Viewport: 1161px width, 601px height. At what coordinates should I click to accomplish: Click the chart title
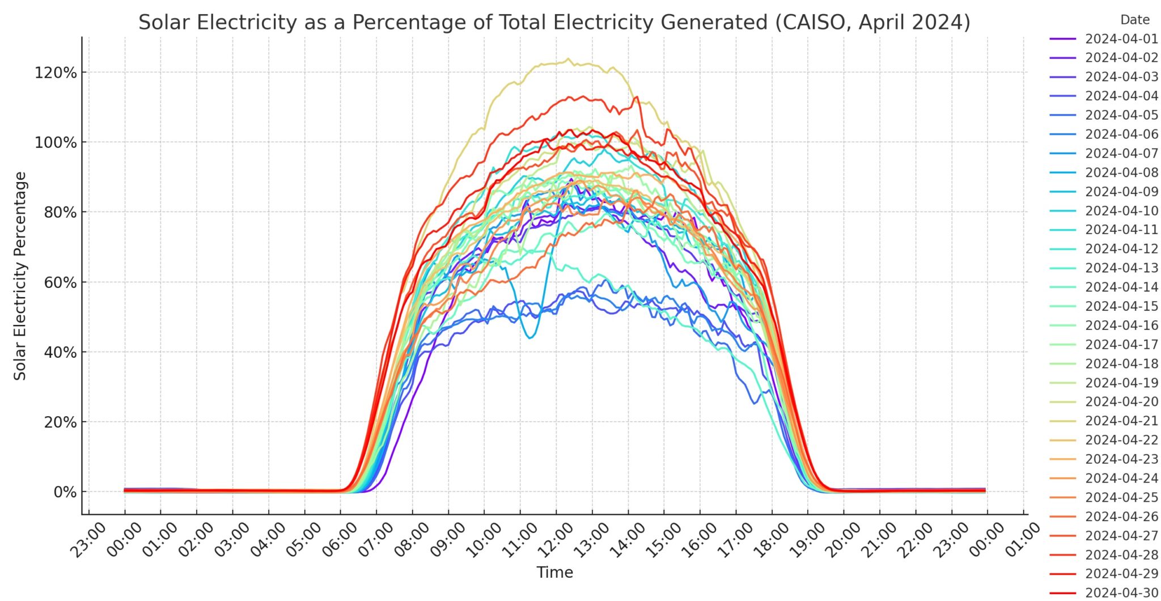point(554,23)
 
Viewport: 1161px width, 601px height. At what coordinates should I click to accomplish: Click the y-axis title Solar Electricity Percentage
point(20,276)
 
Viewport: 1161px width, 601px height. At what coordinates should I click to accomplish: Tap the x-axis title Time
point(554,572)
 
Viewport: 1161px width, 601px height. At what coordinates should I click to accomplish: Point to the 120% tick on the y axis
point(56,73)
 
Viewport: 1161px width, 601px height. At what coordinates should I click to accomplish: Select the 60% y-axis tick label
point(60,282)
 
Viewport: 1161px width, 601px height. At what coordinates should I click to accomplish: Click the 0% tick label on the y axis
point(65,492)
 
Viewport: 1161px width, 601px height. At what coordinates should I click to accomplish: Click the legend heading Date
point(1134,20)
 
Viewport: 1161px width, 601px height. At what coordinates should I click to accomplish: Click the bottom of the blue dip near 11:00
point(530,338)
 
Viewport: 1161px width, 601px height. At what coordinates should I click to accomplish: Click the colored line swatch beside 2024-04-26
point(1062,517)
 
